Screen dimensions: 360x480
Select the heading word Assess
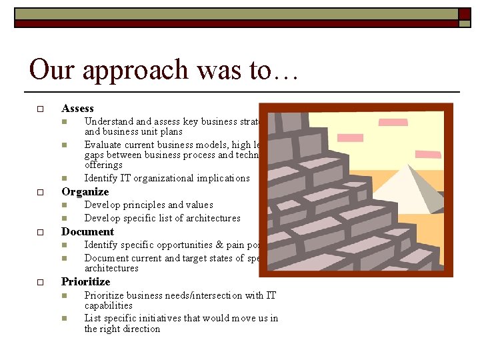(x=77, y=109)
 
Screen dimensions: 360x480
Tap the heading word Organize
(x=85, y=192)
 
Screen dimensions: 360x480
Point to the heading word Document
(x=87, y=232)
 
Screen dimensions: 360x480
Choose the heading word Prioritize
(x=85, y=282)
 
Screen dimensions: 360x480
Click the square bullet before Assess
(x=40, y=109)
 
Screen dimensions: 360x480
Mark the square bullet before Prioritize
(x=40, y=282)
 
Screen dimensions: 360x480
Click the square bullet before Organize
(x=40, y=192)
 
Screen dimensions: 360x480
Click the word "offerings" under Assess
(x=103, y=165)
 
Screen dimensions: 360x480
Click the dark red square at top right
(x=464, y=13)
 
